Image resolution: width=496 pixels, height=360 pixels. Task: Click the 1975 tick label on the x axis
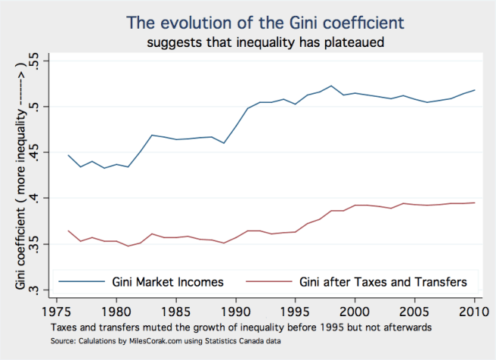tap(57, 311)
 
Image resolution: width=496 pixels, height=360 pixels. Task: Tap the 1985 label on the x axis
tap(175, 311)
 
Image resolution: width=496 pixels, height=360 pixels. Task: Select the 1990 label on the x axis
tap(235, 311)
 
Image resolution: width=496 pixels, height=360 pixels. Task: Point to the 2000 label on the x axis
tap(355, 311)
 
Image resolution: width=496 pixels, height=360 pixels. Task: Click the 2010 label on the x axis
tap(473, 311)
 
